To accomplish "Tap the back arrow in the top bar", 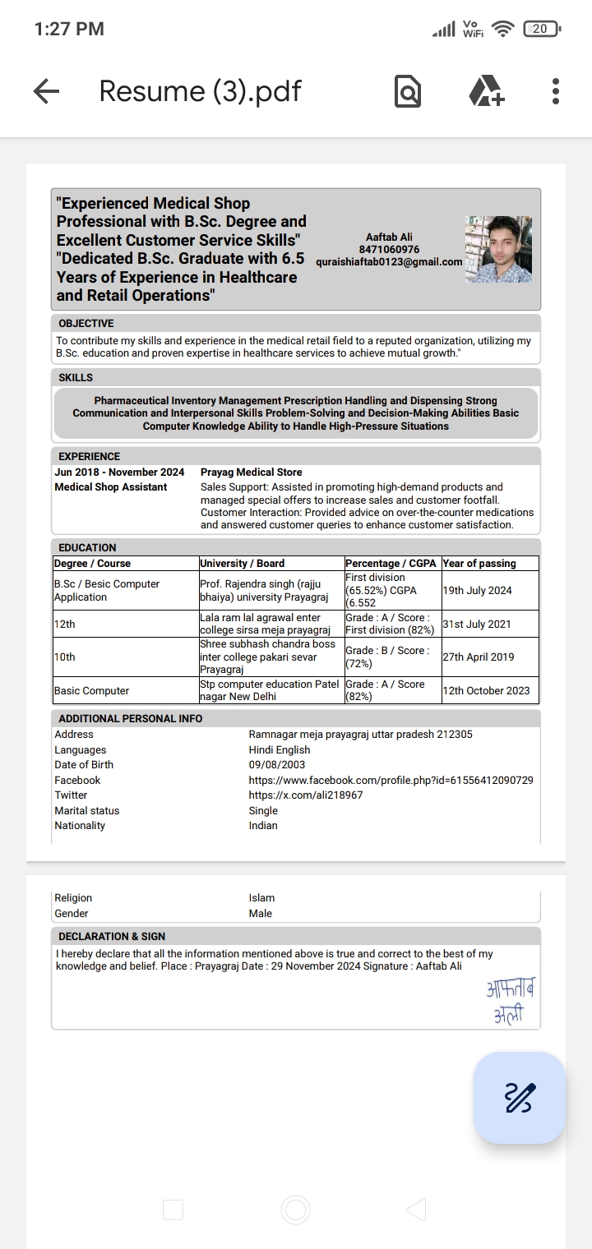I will [47, 91].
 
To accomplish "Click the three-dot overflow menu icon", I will [556, 91].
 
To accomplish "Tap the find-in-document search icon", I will [408, 91].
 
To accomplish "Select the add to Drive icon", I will [487, 91].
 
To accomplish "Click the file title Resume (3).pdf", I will [200, 91].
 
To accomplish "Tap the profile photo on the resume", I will [498, 249].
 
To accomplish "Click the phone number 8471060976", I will [389, 250].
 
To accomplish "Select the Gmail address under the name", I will [389, 262].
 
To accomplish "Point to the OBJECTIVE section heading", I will [86, 324].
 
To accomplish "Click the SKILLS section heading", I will [76, 378].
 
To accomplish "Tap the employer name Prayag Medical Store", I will [251, 472].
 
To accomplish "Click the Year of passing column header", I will [479, 564].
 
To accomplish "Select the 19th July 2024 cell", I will [477, 590].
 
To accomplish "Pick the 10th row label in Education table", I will [65, 657].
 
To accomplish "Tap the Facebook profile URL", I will [391, 780].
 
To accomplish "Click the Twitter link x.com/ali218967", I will [306, 795].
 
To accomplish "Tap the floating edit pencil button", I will [519, 1097].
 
